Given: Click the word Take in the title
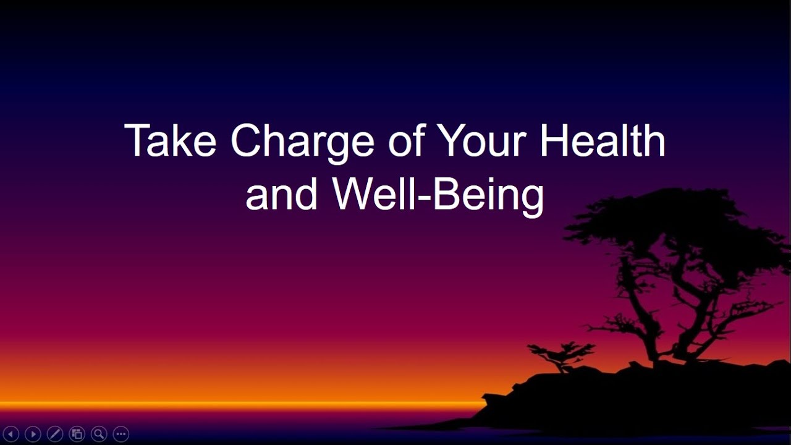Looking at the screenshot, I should [x=170, y=142].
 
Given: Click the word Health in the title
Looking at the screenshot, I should [x=603, y=140].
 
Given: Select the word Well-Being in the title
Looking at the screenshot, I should [x=439, y=195].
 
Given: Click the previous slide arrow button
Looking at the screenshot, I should [x=11, y=434].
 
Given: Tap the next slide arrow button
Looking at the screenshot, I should [x=33, y=434].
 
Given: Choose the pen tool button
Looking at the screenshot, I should [x=55, y=434].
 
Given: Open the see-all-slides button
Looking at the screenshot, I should [x=77, y=434].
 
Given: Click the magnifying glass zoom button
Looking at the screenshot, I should [x=99, y=434].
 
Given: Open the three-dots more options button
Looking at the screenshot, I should [x=121, y=434].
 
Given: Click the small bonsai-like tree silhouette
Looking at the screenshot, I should [x=559, y=355].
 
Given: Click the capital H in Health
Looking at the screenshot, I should [x=553, y=140].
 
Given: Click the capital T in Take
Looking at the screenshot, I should [x=137, y=140].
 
